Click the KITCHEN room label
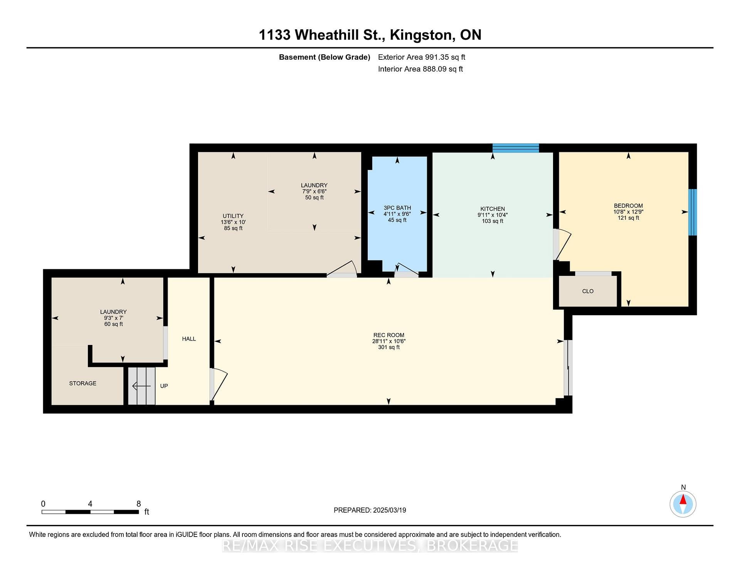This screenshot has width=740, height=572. [x=493, y=209]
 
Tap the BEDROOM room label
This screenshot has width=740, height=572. [x=628, y=206]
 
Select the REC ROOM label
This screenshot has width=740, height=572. [x=388, y=335]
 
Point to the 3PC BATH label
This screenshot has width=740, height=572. [x=397, y=208]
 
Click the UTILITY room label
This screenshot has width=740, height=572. [x=233, y=216]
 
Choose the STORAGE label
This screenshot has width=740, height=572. [x=82, y=383]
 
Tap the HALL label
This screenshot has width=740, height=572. [x=189, y=339]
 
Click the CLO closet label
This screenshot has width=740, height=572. [x=588, y=291]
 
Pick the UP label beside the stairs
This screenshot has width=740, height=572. [x=164, y=386]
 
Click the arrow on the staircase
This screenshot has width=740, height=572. [x=141, y=385]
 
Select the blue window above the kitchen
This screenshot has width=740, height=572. [x=516, y=148]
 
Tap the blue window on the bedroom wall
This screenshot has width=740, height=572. [x=693, y=212]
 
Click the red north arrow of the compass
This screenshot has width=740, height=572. [x=683, y=500]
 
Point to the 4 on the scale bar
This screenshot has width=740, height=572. [x=90, y=504]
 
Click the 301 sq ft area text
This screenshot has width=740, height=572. [x=388, y=347]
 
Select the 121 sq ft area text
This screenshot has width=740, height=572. [x=628, y=218]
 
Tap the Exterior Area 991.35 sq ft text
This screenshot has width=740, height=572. [x=422, y=57]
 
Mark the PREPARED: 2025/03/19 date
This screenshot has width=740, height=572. [x=370, y=510]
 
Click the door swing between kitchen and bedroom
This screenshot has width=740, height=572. [x=562, y=244]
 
